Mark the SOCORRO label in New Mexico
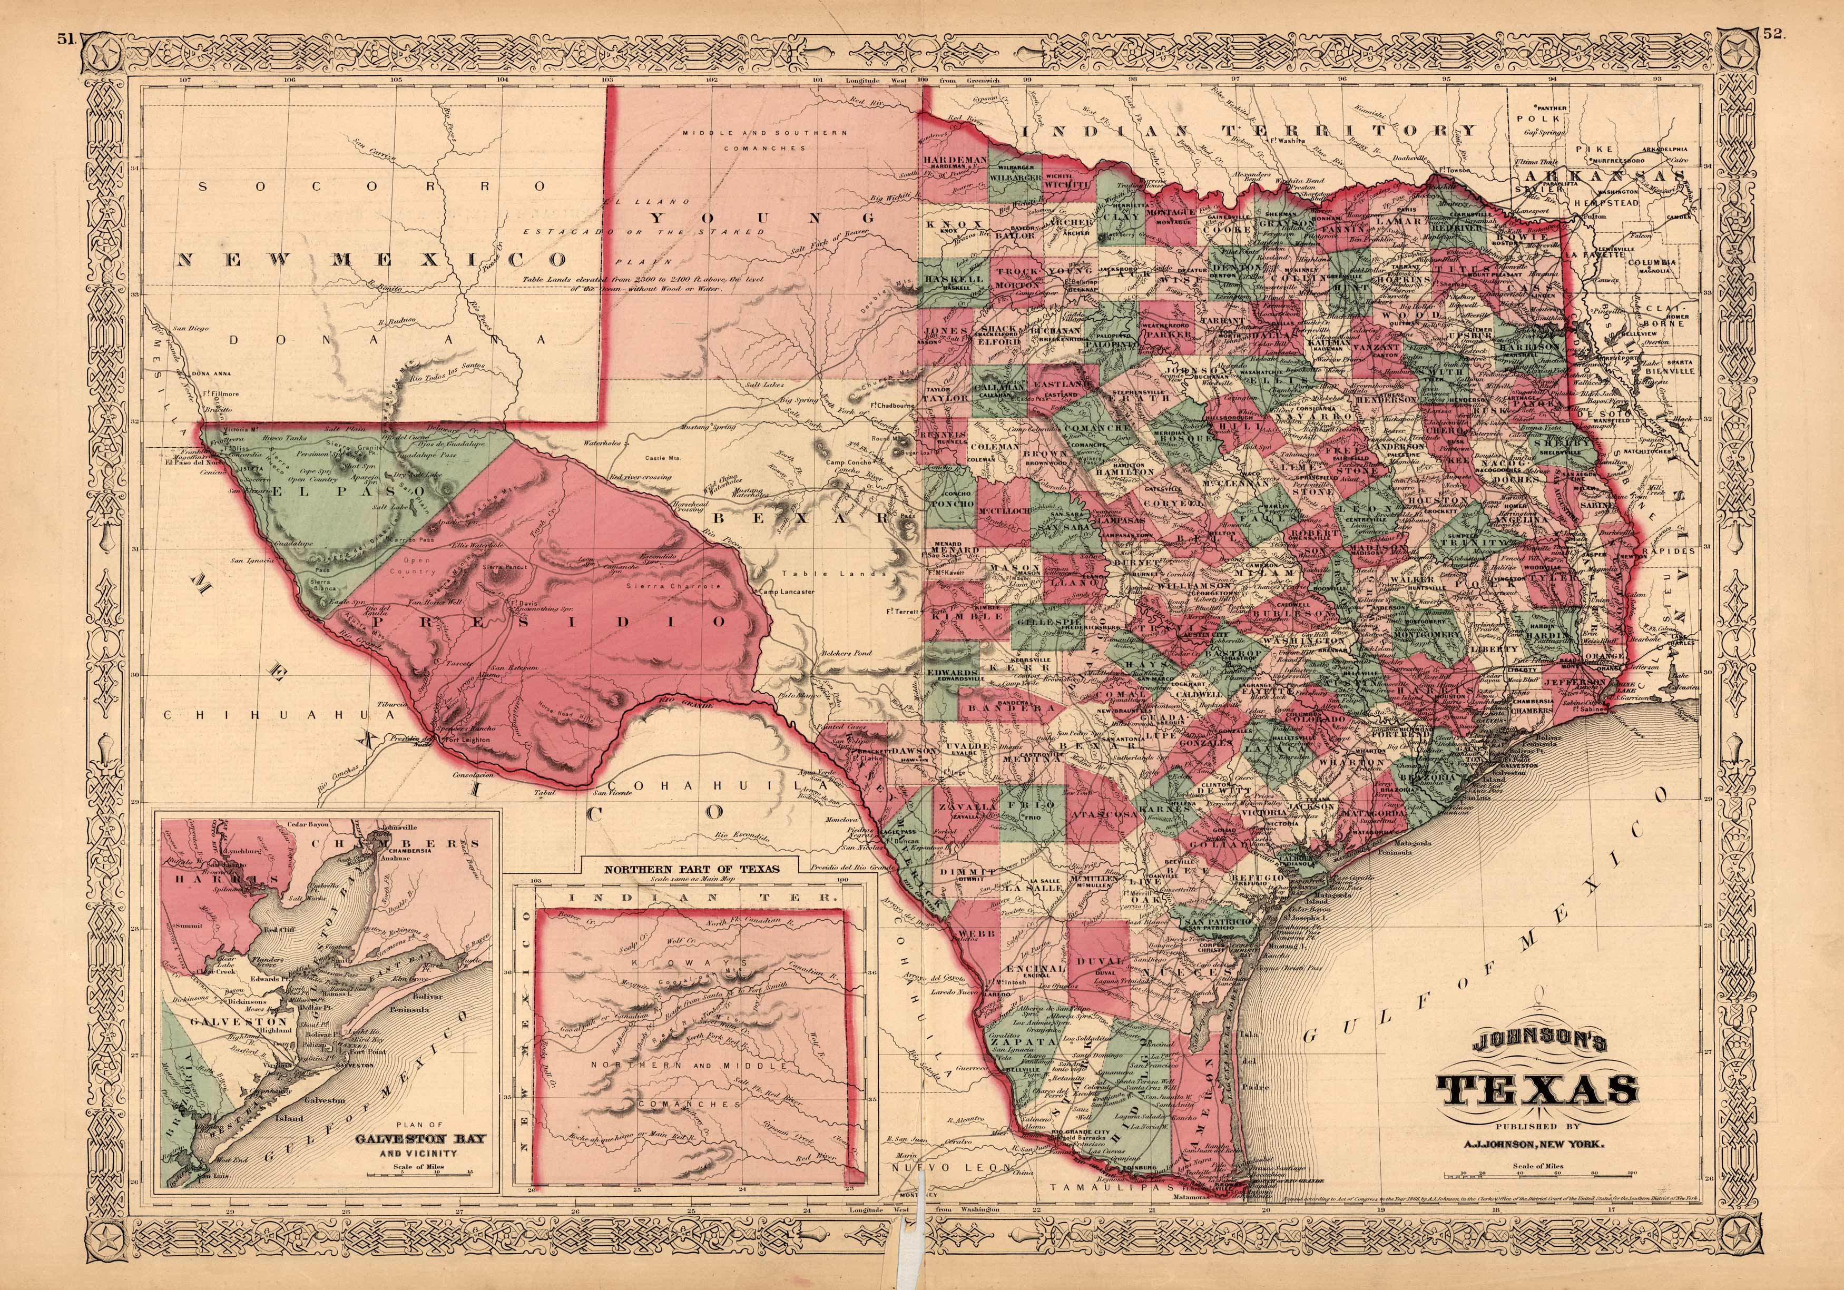[374, 186]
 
